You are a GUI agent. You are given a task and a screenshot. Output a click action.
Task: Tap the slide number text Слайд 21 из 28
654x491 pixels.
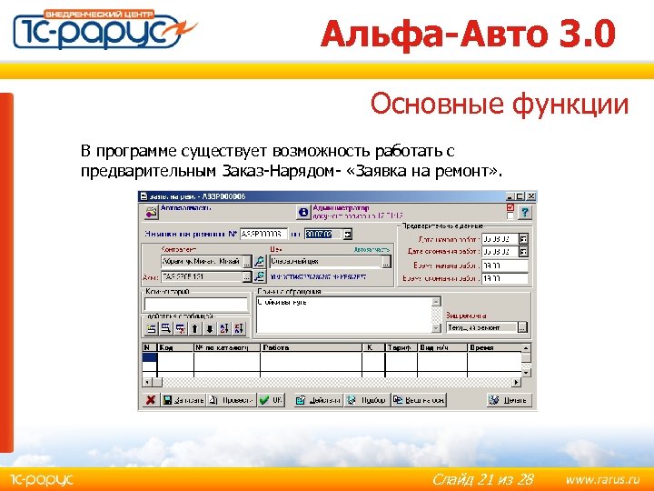pos(481,478)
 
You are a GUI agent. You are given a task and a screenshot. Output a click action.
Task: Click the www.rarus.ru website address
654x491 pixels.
pos(602,478)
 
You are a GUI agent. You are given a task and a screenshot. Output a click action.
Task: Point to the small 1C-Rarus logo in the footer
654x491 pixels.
pos(42,478)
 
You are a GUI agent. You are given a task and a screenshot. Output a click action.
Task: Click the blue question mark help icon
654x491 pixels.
pos(302,211)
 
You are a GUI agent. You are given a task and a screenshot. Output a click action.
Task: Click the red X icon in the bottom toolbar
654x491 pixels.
pos(148,399)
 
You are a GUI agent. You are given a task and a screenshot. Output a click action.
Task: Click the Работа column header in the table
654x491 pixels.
pos(275,347)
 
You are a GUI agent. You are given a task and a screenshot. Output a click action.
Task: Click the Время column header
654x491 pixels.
pos(482,347)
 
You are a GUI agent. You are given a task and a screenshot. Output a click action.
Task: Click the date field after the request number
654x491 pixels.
pos(321,234)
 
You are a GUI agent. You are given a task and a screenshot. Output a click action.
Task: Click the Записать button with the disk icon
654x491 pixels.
pos(183,399)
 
